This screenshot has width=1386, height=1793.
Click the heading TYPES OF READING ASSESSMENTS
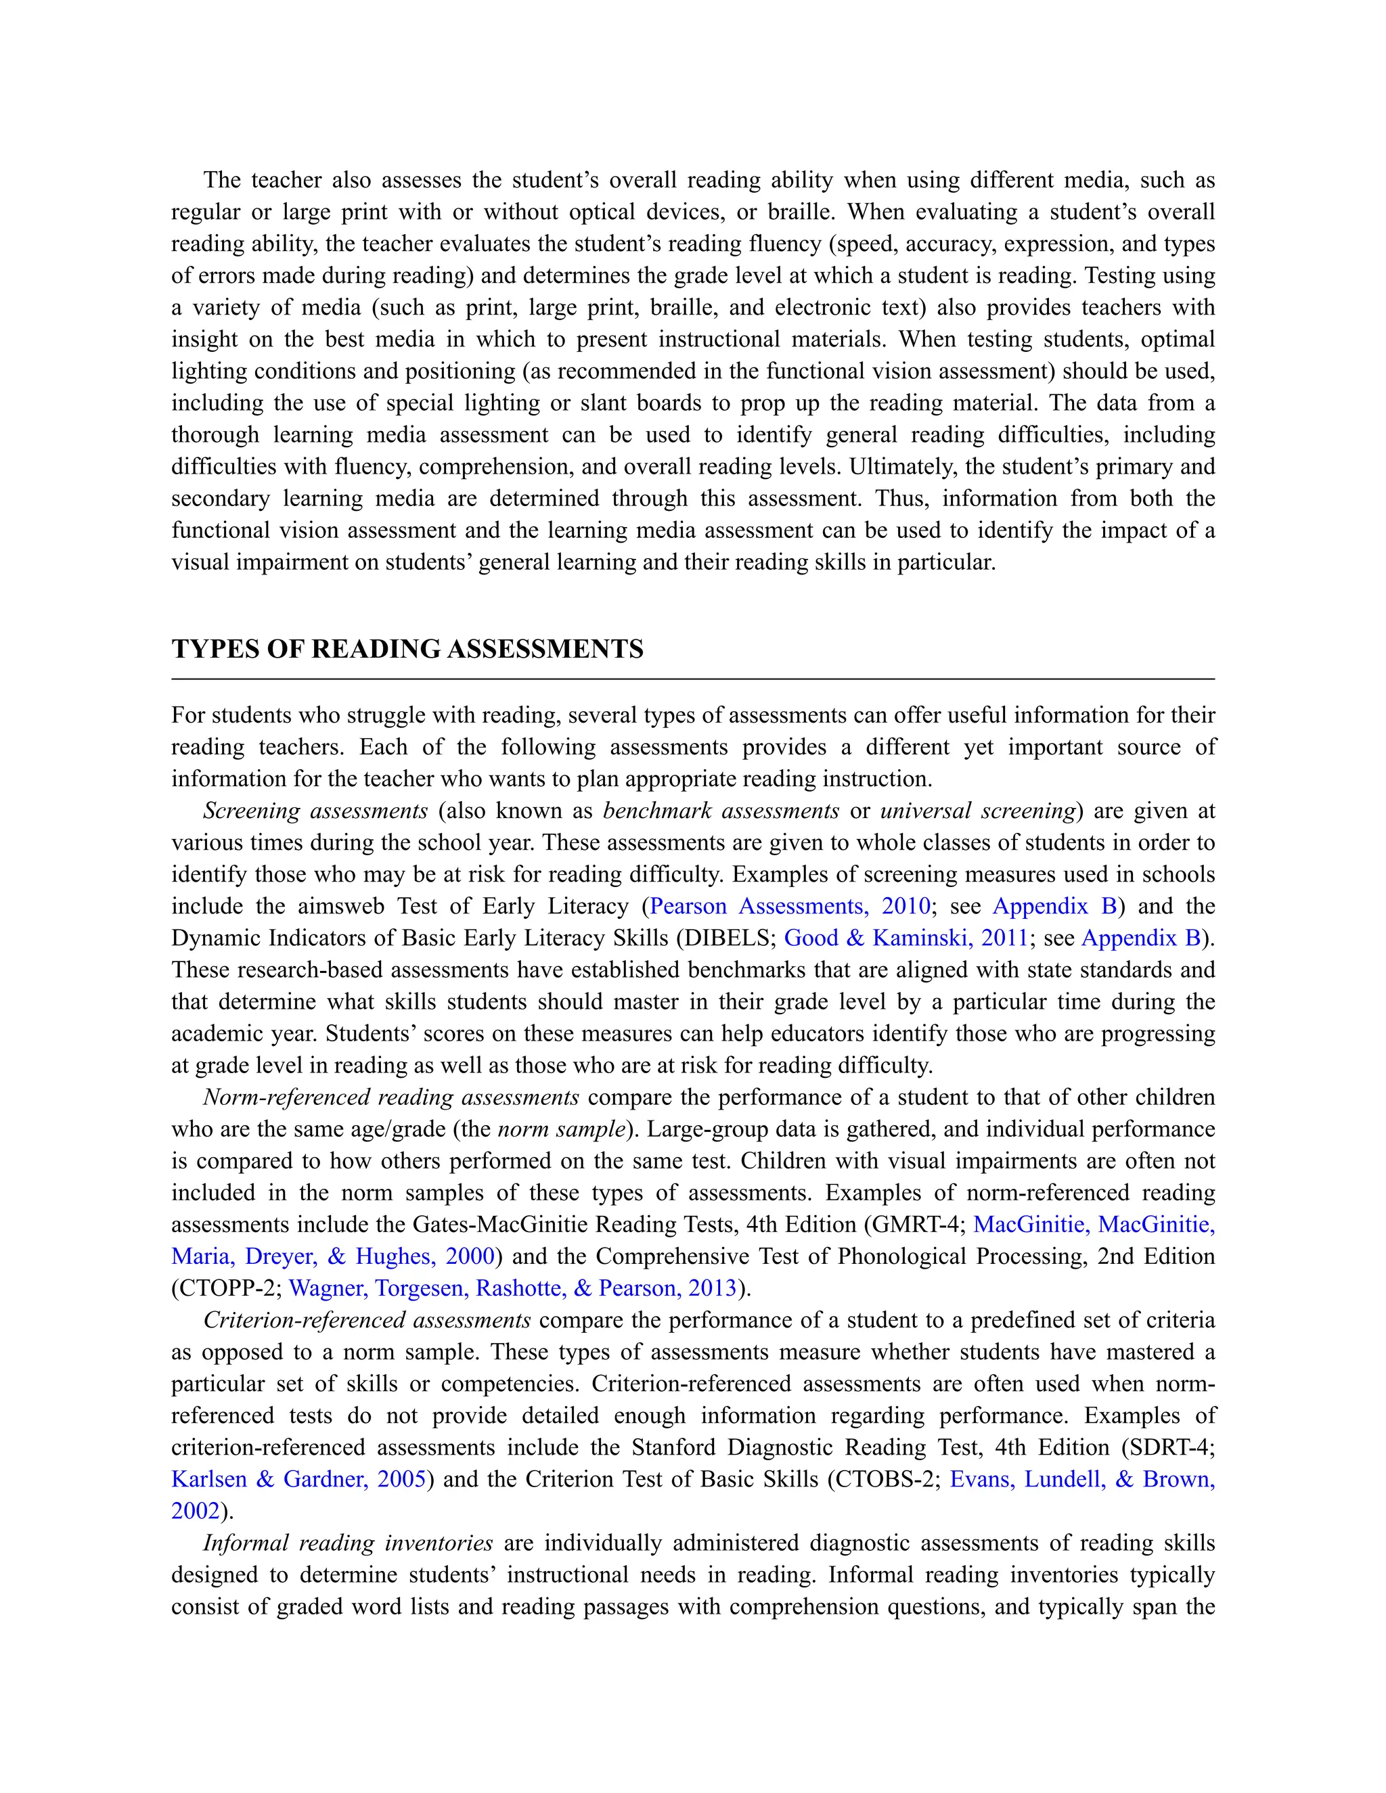407,649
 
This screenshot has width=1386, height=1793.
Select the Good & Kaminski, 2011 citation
906,938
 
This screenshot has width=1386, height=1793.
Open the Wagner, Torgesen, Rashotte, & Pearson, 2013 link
512,1288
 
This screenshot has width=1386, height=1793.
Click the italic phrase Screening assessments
315,811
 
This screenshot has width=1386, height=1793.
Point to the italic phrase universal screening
977,811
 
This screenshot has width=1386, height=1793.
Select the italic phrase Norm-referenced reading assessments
391,1097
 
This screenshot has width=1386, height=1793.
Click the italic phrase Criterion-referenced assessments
367,1319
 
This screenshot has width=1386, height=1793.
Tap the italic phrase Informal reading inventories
347,1543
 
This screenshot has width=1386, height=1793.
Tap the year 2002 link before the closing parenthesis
196,1511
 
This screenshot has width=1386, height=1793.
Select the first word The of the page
222,180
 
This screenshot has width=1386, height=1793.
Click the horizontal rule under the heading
692,679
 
